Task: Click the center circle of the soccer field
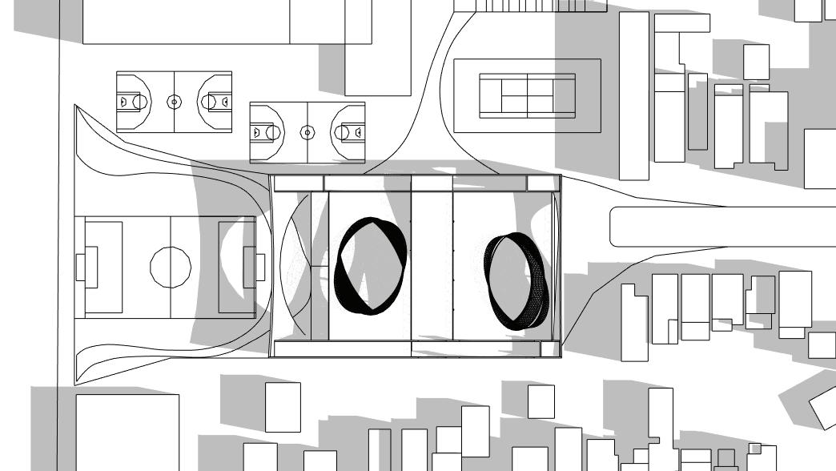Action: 171,267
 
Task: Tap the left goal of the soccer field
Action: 80,268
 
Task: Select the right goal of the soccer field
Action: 259,267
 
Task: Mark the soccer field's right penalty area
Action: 237,267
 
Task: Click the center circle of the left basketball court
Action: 174,102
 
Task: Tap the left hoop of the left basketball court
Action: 124,102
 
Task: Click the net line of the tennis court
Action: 527,95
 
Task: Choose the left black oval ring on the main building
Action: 370,266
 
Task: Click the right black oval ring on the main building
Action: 519,280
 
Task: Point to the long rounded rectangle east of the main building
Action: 721,227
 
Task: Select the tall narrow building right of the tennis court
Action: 634,95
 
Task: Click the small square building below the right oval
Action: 541,401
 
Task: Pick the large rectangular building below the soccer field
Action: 127,432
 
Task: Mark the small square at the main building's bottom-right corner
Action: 549,349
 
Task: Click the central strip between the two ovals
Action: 432,264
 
